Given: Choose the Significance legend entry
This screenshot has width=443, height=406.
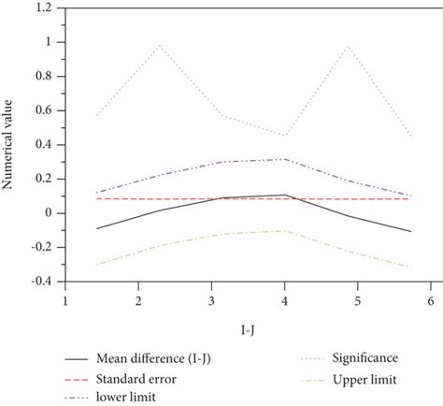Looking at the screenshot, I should [x=348, y=357].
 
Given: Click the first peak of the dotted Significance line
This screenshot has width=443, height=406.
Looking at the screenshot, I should [x=160, y=45].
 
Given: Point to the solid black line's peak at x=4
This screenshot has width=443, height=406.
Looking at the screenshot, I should [x=284, y=195].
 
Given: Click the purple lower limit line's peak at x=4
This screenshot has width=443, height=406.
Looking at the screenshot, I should [x=284, y=159].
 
